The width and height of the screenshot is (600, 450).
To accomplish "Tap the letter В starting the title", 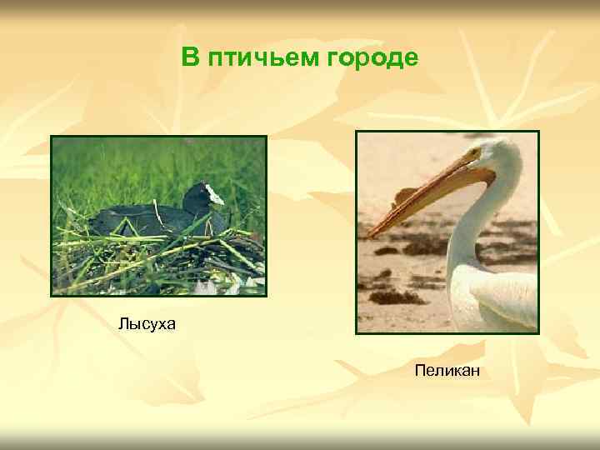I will [x=190, y=58].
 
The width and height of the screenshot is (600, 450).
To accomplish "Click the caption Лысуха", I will [x=147, y=323].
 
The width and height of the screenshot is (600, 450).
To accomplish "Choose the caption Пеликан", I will [x=447, y=368].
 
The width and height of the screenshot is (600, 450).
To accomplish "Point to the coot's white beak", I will [x=215, y=196].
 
